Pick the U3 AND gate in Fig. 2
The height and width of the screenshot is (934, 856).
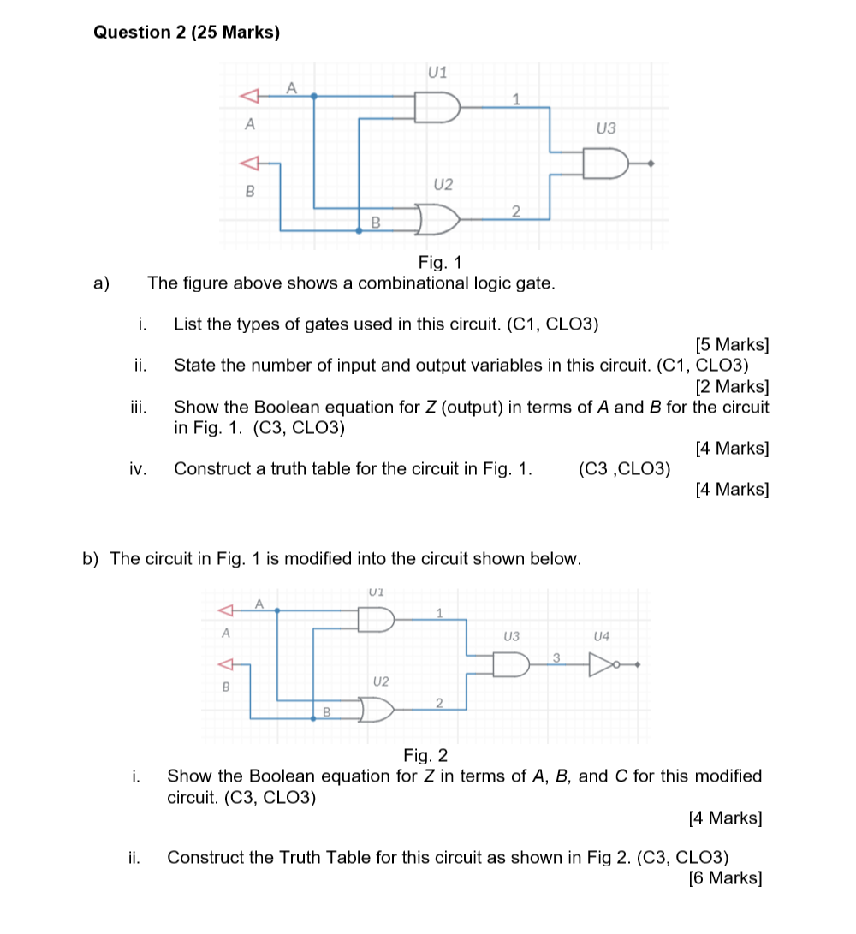(510, 663)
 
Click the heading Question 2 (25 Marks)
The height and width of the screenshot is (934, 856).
(186, 33)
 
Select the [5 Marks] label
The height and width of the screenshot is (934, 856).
(732, 345)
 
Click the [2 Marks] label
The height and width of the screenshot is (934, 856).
(732, 386)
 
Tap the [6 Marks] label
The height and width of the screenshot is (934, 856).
(725, 877)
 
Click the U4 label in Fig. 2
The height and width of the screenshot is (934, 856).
(602, 636)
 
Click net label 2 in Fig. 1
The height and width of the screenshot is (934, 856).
(514, 211)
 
